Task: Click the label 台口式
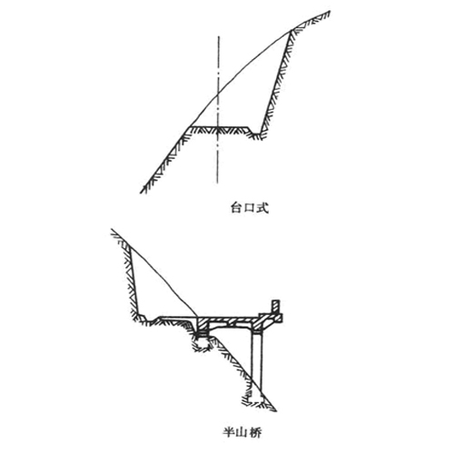tap(250, 208)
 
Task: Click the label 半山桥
tap(242, 432)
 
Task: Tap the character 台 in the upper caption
tap(236, 208)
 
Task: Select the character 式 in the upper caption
tap(262, 208)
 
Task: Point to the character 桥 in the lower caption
tap(255, 432)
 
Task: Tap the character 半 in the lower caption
tap(229, 432)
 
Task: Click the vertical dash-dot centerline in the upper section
tap(218, 110)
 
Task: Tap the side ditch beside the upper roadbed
tap(256, 133)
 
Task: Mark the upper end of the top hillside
tap(330, 12)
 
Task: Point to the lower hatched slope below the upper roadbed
tap(165, 160)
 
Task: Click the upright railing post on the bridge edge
tap(275, 307)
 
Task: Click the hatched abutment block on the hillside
tap(202, 324)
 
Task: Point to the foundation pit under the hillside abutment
tap(201, 343)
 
